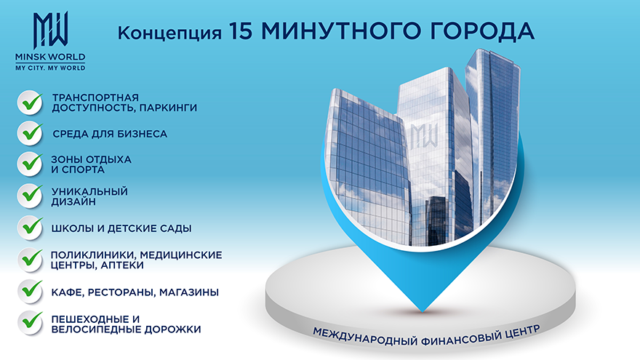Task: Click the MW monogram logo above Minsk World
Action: tap(50, 31)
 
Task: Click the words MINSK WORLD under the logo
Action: tap(50, 57)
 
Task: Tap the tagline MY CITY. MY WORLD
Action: tap(50, 68)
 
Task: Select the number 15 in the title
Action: tap(241, 31)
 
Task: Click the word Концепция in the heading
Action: tap(169, 33)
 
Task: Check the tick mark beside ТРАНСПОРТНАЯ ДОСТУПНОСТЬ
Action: tap(31, 103)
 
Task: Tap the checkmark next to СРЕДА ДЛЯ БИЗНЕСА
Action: tap(31, 134)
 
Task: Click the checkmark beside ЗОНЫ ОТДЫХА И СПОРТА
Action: tap(31, 164)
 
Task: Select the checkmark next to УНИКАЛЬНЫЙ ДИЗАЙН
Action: tap(31, 196)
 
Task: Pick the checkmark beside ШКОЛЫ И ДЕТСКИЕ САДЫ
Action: tap(31, 228)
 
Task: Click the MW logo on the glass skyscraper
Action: tap(424, 136)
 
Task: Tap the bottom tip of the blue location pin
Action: tap(423, 312)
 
